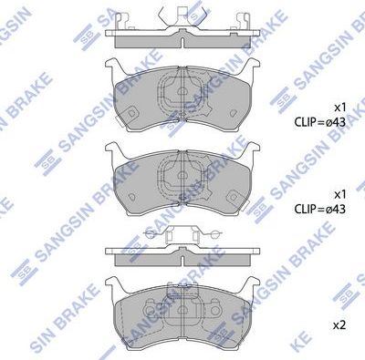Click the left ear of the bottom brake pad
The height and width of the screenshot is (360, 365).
click(113, 284)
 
